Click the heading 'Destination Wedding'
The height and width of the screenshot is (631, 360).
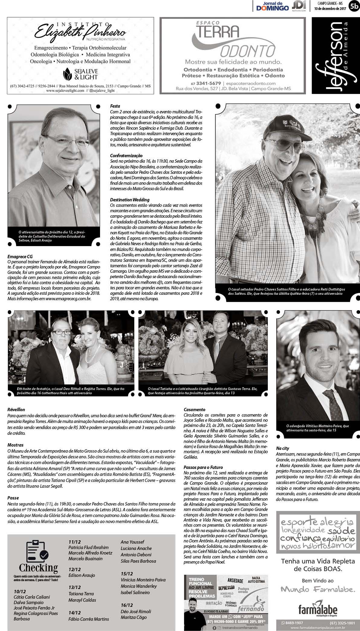tap(130, 200)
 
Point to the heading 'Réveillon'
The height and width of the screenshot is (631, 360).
tap(16, 410)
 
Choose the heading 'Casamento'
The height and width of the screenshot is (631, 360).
tap(194, 410)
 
